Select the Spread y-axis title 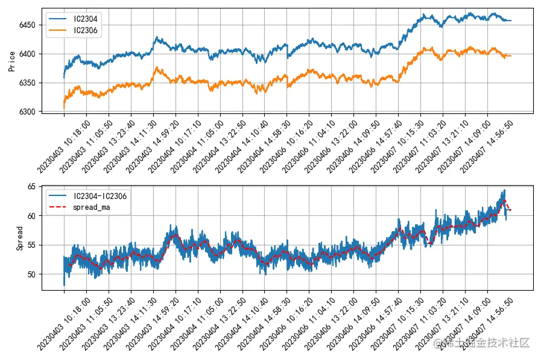pyautogui.click(x=20, y=239)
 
